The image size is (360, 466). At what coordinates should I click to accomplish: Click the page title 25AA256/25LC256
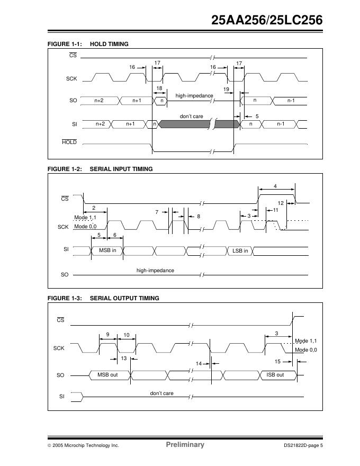tap(267, 21)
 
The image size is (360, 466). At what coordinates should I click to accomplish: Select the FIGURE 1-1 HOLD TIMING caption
tap(88, 44)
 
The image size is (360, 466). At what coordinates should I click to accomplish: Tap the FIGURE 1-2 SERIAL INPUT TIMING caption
tap(100, 169)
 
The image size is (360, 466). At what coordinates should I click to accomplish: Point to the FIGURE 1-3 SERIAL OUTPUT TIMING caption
tap(103, 298)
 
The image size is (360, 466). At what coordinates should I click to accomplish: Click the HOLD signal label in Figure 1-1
tap(69, 142)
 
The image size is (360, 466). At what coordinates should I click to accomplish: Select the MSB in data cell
tap(107, 250)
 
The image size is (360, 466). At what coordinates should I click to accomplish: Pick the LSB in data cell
tap(240, 250)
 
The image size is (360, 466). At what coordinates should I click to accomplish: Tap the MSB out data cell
tap(107, 375)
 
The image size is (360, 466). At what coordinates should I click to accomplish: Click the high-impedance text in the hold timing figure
tap(194, 96)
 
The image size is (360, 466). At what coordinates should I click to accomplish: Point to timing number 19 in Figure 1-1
tap(226, 89)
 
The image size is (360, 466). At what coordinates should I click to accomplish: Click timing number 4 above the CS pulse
tap(275, 186)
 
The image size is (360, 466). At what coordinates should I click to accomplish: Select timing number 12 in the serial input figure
tap(281, 203)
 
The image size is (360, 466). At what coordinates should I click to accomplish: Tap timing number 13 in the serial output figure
tap(124, 359)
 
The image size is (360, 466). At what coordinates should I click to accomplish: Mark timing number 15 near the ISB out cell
tap(277, 361)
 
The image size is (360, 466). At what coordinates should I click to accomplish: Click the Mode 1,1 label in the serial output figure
tap(305, 340)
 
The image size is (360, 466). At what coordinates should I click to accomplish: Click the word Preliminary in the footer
tap(185, 445)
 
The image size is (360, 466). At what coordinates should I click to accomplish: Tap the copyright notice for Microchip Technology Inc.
tap(83, 445)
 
